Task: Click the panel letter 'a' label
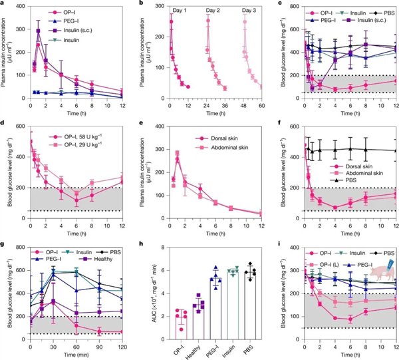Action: [5, 5]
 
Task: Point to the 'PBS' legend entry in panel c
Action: [382, 13]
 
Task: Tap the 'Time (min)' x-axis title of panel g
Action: [76, 355]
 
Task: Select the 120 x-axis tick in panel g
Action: [120, 346]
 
